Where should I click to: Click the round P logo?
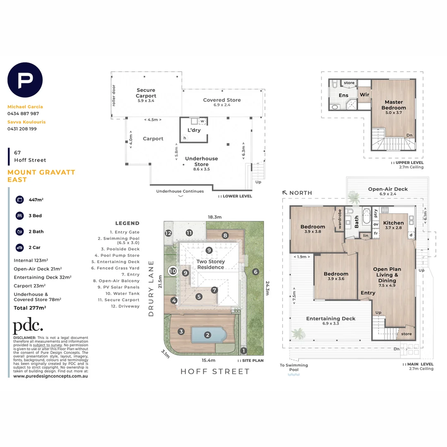click(x=25, y=80)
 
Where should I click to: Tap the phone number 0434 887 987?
click(x=23, y=113)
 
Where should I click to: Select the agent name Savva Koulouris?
click(x=26, y=122)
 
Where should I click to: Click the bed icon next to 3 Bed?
click(x=19, y=216)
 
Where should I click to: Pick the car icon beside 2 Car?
click(x=19, y=248)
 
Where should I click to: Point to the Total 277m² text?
click(x=30, y=308)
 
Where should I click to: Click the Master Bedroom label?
click(x=395, y=105)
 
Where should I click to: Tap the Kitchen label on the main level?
click(x=393, y=223)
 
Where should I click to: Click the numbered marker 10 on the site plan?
click(x=173, y=272)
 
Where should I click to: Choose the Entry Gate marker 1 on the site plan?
click(x=243, y=351)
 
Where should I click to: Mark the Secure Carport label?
click(x=146, y=93)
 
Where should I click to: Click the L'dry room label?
click(x=194, y=130)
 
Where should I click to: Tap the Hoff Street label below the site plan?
click(x=215, y=371)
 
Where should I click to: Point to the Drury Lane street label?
click(x=151, y=288)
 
